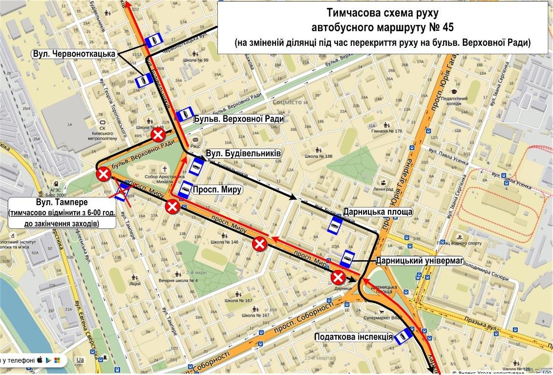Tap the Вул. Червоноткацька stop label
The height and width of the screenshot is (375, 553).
point(74,53)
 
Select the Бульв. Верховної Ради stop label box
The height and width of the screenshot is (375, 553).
point(238,119)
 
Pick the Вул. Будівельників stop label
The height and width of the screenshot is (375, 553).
point(243,153)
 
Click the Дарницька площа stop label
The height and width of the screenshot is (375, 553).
point(378,212)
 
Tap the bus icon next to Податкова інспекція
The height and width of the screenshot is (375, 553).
point(404,336)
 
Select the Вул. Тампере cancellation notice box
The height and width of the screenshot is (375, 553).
point(61,213)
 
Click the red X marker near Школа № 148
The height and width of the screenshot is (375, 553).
point(158,135)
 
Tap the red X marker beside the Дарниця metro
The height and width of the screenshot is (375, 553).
point(338,278)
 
